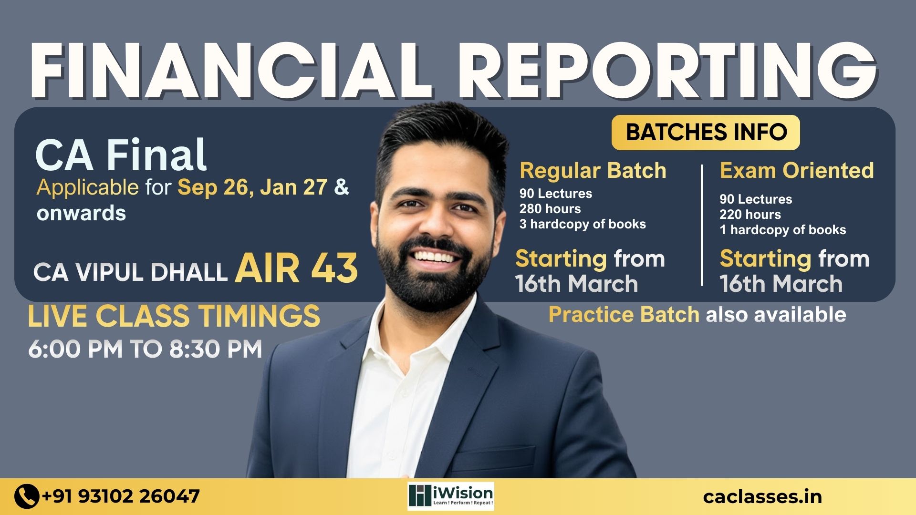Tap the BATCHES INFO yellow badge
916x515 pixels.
[706, 133]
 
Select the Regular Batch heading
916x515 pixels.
[593, 171]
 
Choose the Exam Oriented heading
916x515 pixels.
[797, 170]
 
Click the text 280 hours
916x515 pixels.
[550, 209]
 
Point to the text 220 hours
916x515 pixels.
[750, 215]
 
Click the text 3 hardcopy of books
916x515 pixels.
[583, 224]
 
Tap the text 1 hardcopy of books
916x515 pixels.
[783, 230]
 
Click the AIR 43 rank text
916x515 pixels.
[296, 268]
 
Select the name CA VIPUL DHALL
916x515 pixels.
[130, 272]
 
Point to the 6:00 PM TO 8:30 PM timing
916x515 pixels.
[145, 349]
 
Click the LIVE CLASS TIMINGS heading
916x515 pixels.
[174, 316]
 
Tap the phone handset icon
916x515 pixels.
[27, 496]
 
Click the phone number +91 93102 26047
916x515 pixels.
[121, 496]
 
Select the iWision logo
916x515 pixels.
[451, 496]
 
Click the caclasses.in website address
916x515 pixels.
[762, 497]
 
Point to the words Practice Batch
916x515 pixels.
[624, 315]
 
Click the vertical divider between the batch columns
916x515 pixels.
[702, 225]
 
